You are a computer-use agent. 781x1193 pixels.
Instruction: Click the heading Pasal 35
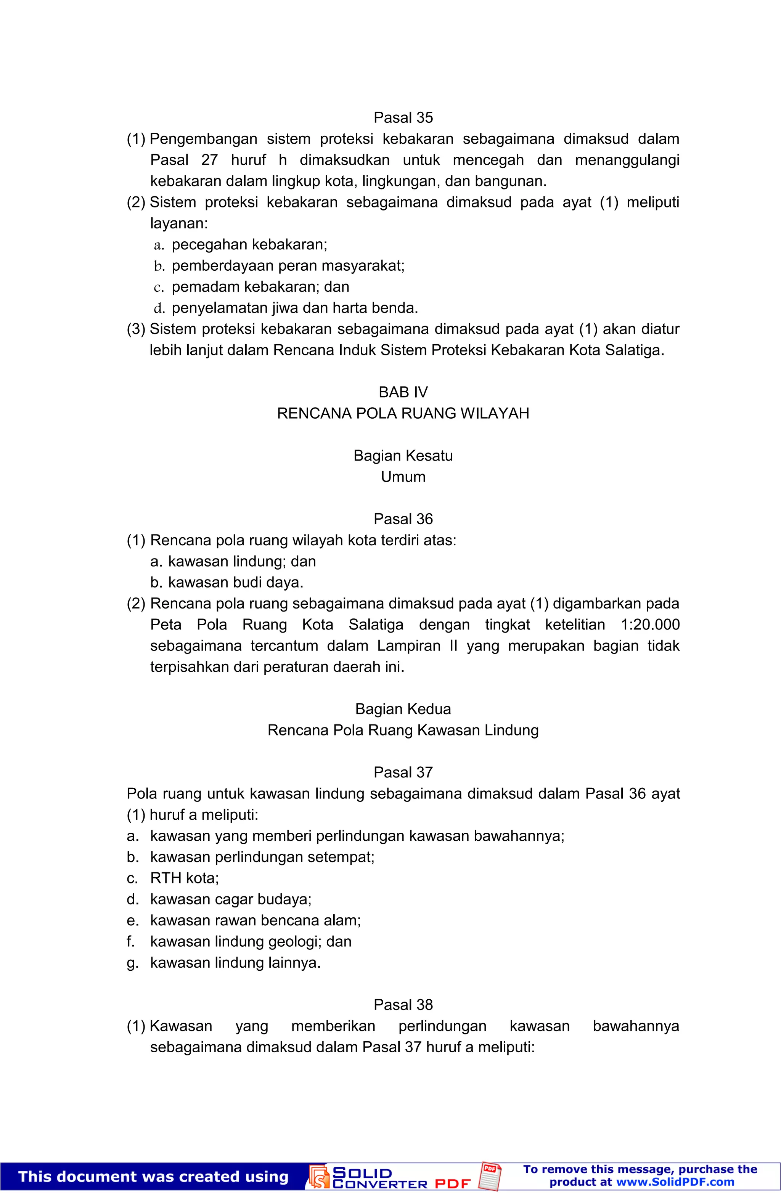(x=403, y=117)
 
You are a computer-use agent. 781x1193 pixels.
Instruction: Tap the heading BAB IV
(x=403, y=392)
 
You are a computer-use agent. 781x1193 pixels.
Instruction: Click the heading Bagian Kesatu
(x=403, y=455)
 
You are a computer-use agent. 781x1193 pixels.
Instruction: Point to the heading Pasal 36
(x=403, y=519)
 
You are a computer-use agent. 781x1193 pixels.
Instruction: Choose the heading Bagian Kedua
(x=403, y=709)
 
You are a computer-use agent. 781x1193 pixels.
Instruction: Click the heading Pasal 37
(x=403, y=772)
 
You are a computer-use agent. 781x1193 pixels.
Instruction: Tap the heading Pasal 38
(x=403, y=1005)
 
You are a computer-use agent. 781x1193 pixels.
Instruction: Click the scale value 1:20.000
(x=650, y=625)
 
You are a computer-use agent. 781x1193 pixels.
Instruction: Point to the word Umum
(x=403, y=476)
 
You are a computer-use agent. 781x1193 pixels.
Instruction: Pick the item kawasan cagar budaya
(x=231, y=899)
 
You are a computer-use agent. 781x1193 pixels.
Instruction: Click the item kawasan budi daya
(x=236, y=583)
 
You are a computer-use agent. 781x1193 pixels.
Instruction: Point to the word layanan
(x=178, y=223)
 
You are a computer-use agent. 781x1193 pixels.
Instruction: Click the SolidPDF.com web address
(x=675, y=1182)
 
